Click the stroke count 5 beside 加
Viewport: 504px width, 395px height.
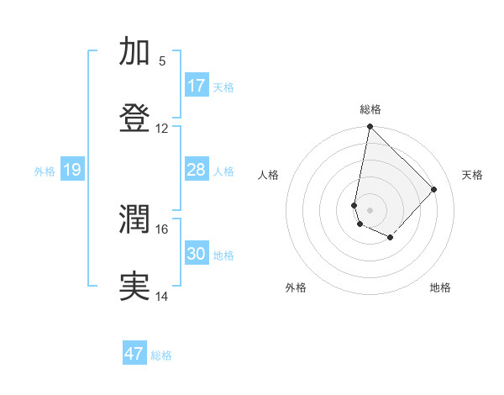(162, 61)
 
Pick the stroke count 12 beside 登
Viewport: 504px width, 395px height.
(162, 128)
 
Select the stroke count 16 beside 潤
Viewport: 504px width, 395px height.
(162, 229)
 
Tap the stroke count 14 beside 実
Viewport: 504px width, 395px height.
(162, 296)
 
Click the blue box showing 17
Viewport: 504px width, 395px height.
(197, 86)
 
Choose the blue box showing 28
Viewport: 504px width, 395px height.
(197, 170)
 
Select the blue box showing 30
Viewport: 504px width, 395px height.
(197, 254)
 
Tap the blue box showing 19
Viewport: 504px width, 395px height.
(72, 170)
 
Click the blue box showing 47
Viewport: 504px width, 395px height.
(134, 354)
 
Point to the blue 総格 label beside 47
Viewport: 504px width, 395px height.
(161, 355)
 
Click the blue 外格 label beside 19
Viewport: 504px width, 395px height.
(45, 171)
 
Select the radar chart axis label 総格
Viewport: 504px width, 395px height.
(370, 109)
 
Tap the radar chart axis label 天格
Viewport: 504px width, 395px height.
(472, 175)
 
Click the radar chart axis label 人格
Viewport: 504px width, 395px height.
(269, 175)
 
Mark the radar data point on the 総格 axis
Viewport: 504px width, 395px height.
(370, 127)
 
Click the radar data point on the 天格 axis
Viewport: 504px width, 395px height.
(434, 189)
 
